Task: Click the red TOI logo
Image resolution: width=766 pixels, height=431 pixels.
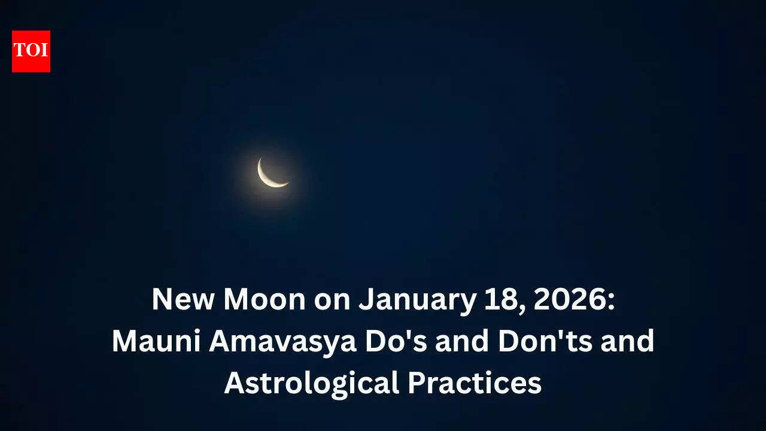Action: click(x=31, y=51)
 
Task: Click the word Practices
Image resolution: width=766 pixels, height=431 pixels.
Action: click(x=475, y=383)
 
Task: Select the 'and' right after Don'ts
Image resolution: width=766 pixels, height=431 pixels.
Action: click(x=631, y=341)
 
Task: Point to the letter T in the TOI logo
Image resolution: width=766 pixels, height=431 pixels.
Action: click(x=20, y=51)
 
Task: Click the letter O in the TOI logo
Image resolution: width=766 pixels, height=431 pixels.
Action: click(x=32, y=51)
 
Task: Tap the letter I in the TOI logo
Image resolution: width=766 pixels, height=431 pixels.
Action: click(x=44, y=51)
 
